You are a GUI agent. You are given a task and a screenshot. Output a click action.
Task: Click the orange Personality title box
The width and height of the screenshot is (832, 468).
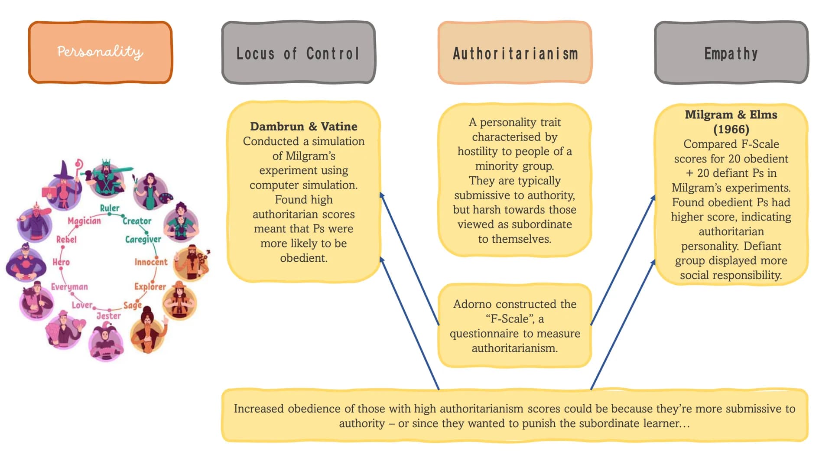(100, 52)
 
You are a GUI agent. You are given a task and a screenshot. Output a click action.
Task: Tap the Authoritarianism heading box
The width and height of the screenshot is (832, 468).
(515, 52)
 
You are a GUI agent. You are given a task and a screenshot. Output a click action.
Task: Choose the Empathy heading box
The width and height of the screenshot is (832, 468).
(731, 52)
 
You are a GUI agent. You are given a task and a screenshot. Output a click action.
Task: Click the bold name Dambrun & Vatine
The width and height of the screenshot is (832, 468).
(304, 127)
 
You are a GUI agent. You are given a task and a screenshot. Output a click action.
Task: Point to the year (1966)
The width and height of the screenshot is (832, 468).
(731, 129)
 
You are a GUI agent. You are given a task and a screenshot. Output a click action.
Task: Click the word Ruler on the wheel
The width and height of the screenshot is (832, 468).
(110, 208)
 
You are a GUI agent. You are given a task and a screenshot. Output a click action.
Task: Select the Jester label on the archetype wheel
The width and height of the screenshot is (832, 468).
(108, 315)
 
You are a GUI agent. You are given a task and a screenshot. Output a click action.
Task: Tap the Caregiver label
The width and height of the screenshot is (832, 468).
(143, 239)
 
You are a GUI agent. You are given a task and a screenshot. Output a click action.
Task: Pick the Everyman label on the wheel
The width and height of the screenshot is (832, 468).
(69, 287)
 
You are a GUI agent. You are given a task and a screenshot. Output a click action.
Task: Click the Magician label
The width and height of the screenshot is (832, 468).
(84, 221)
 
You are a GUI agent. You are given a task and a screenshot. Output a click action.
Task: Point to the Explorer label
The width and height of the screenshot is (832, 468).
(150, 286)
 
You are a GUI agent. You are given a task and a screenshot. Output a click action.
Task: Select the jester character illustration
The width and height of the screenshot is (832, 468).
(106, 344)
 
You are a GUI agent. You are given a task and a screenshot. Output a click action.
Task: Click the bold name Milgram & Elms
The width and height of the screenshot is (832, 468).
(731, 115)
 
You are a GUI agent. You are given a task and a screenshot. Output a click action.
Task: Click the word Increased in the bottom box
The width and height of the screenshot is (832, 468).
(259, 409)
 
